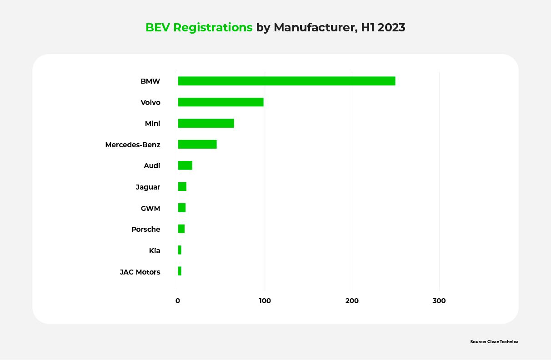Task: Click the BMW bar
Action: coord(286,81)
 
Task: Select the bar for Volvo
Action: coord(220,102)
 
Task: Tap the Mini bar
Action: coord(206,123)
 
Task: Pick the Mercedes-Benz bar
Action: coord(197,145)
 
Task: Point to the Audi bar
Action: coord(185,165)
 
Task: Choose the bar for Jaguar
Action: coord(182,187)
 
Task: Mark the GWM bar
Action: coord(181,208)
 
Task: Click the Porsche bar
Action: coord(181,229)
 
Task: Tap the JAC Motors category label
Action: coord(140,272)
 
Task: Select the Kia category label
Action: coord(155,250)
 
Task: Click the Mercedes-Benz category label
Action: coord(133,145)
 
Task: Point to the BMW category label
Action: coord(150,81)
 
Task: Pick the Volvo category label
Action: coord(150,102)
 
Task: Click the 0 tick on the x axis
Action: coord(178,300)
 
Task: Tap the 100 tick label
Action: coord(265,300)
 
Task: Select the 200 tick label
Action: coord(352,300)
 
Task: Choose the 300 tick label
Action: coord(439,300)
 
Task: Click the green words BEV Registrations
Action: coord(199,28)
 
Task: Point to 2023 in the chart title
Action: coord(391,28)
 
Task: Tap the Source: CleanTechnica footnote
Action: coord(494,341)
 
